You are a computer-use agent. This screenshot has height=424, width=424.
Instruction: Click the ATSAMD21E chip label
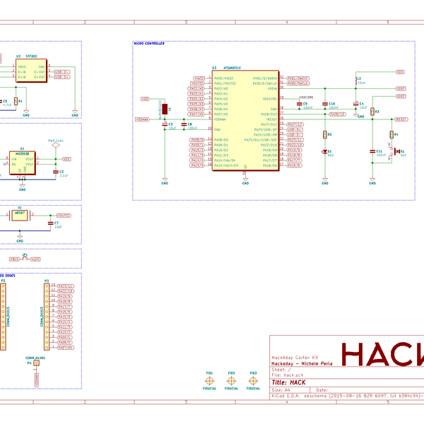232,67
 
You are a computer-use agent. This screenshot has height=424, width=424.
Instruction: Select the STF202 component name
32,56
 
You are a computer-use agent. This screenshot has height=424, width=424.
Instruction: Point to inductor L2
356,83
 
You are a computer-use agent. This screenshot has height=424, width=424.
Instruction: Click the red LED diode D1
325,151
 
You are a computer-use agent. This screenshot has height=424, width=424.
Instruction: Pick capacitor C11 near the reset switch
372,151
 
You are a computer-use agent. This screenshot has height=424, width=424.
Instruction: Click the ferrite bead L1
165,109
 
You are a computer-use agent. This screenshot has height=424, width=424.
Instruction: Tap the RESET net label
400,120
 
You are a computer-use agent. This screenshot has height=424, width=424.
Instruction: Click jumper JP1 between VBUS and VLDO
25,259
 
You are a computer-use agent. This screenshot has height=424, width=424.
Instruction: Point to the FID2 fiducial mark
231,381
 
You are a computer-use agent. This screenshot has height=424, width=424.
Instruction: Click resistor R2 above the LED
325,134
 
